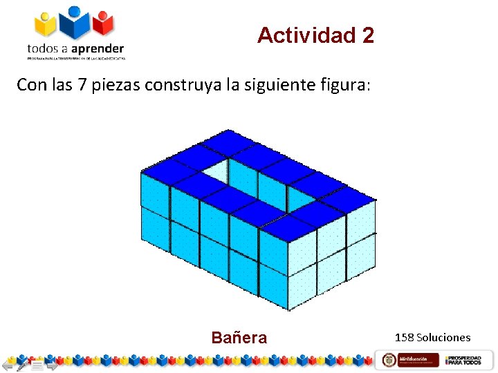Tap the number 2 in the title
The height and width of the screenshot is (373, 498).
pos(367,35)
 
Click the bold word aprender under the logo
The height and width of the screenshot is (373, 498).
pos(96,48)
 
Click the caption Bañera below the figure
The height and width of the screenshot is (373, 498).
pos(239,338)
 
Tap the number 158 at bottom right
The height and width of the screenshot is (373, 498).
pos(405,338)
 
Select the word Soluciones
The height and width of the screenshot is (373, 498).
pos(443,338)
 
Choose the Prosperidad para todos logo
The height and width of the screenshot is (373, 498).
pos(463,360)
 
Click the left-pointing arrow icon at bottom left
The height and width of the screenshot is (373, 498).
pos(8,364)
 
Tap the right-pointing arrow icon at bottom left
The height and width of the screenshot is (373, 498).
pos(51,364)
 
